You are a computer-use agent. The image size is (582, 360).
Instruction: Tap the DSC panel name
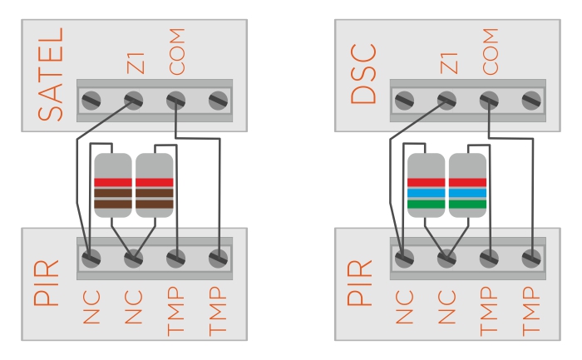point(363,75)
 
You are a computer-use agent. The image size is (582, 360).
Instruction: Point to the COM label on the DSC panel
point(490,50)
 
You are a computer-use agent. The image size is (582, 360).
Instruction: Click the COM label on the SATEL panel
point(176,50)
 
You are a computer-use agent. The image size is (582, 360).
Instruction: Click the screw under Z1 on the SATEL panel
point(133,101)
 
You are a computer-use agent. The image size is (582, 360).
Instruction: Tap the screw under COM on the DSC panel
point(489,101)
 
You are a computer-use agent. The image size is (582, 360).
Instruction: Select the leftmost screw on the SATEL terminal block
point(91,101)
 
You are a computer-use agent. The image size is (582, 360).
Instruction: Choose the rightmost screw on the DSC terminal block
point(530,101)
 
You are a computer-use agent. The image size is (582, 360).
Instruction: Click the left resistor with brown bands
point(112,185)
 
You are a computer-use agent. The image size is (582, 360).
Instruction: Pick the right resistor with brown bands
point(154,185)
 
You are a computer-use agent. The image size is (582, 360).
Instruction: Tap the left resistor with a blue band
point(426,185)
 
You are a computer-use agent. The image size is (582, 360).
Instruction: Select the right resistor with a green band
point(467,185)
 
